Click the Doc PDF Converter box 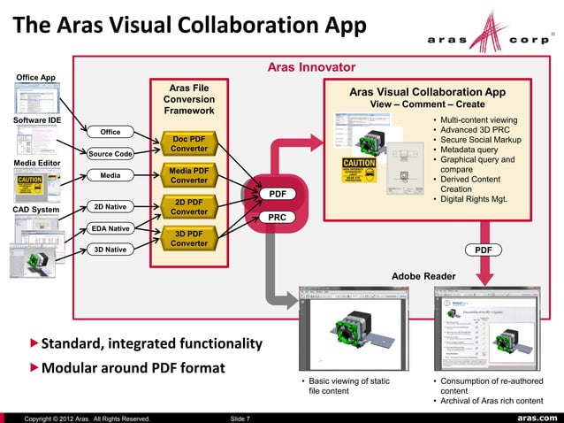coord(189,143)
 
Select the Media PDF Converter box coord(189,175)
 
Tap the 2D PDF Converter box coord(189,207)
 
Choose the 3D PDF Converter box coord(189,238)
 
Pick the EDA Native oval coord(111,228)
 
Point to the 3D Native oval coord(111,250)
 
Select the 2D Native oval coord(111,207)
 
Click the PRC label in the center coord(277,217)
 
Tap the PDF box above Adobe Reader coord(484,250)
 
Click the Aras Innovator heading coord(311,67)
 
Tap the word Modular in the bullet coord(73,367)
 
